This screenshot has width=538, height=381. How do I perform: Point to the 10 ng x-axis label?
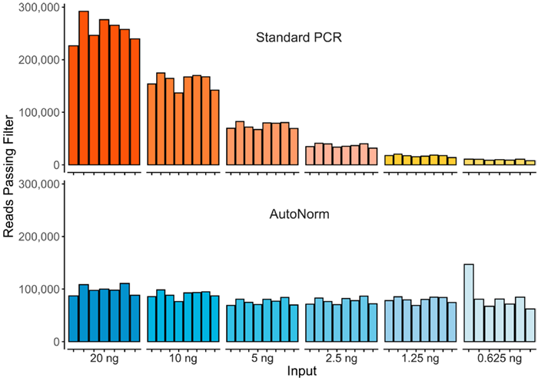point(183,358)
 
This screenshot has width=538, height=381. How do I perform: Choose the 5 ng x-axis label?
point(262,358)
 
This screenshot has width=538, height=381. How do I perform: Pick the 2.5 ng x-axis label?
point(340,358)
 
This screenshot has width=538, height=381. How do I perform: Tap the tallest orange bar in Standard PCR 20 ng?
point(84,88)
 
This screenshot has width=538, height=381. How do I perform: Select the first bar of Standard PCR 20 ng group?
point(74,105)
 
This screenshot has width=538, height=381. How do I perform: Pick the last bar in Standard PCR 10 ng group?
point(214,128)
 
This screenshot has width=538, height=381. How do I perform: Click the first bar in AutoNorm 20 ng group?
point(74,318)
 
